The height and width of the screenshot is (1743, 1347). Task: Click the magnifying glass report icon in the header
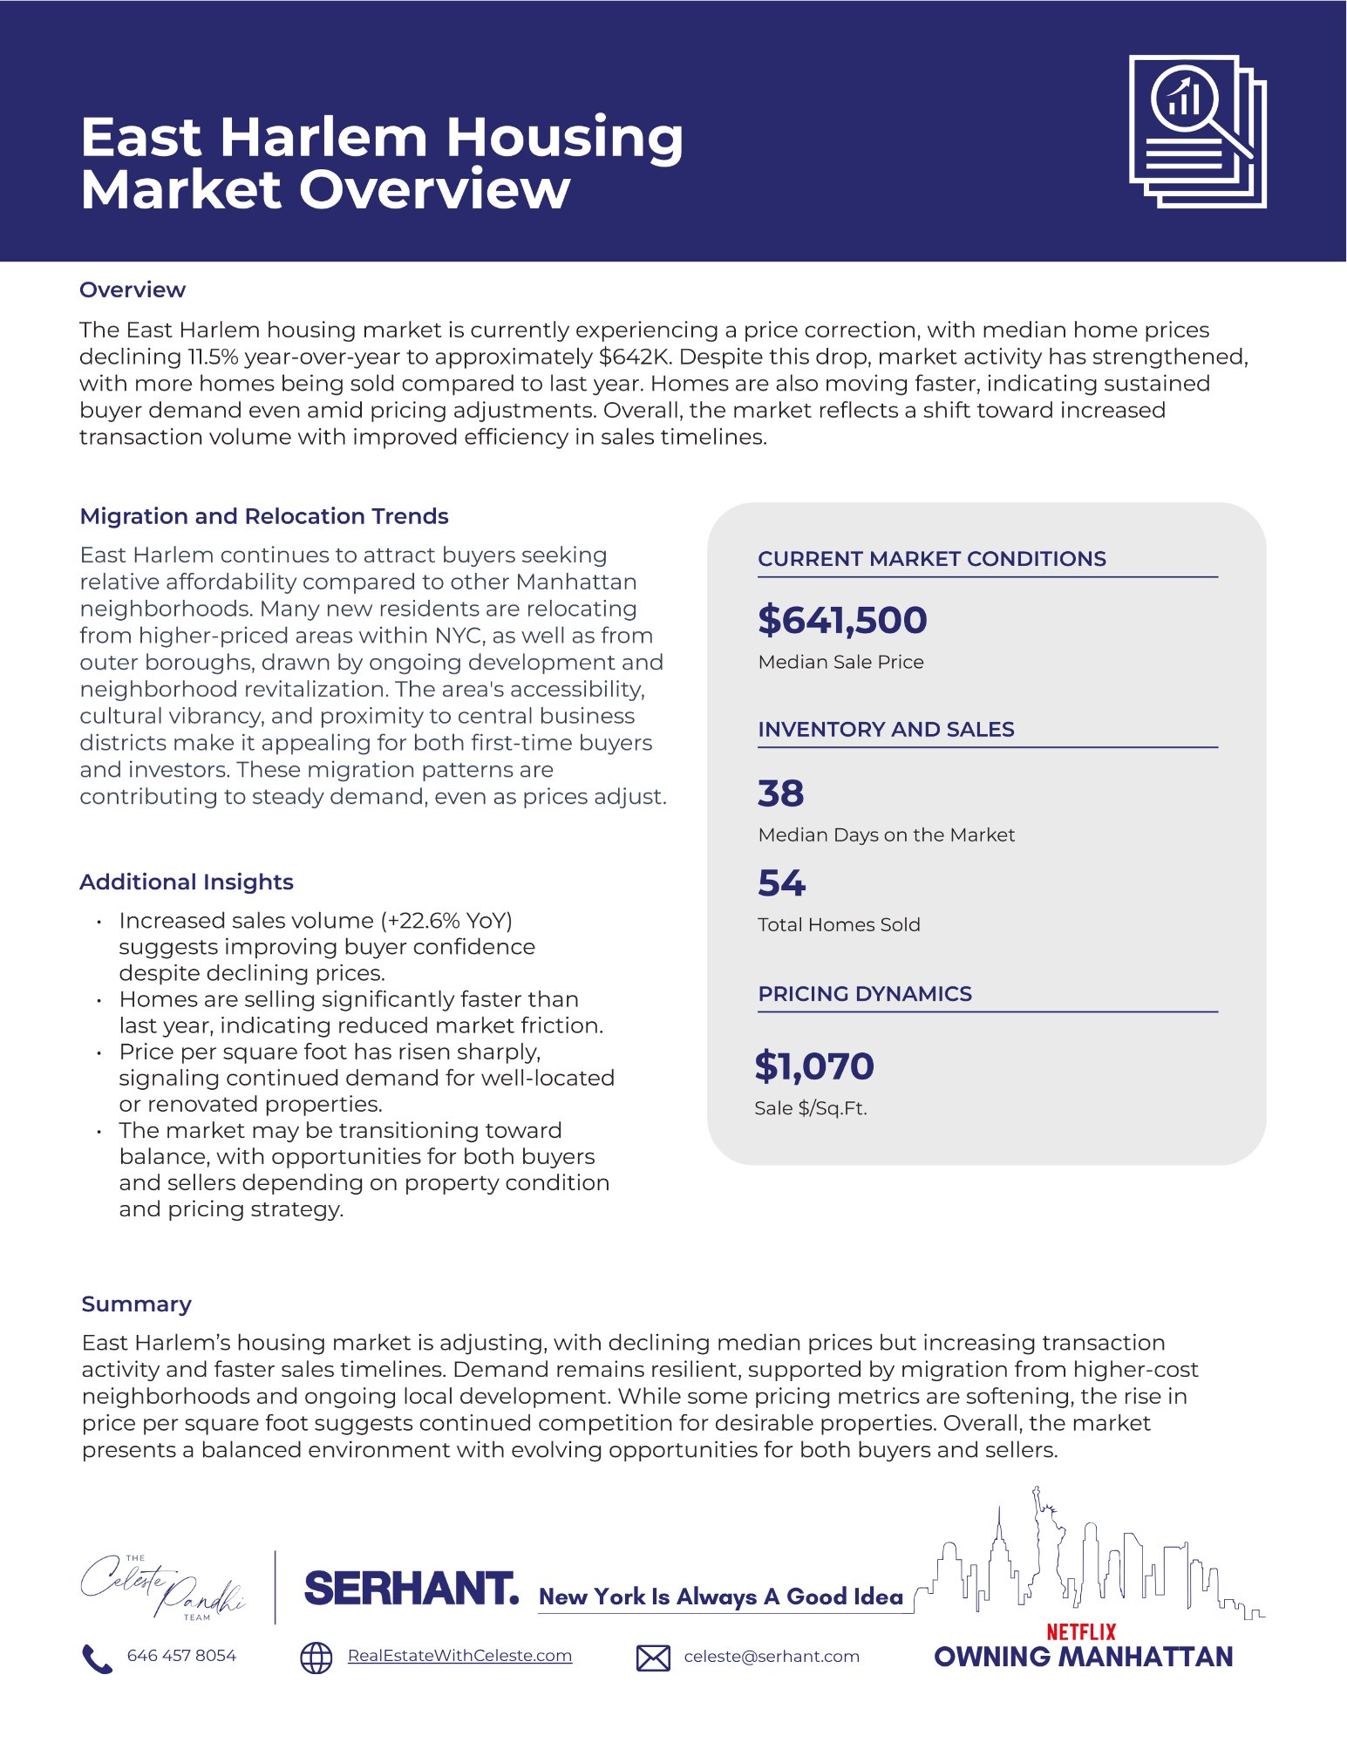click(1197, 131)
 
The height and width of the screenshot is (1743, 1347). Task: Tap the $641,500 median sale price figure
click(842, 620)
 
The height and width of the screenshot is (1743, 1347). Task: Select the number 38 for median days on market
click(780, 793)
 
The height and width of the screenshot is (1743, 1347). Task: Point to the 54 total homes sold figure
click(781, 882)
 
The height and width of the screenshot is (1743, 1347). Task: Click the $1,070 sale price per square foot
click(814, 1066)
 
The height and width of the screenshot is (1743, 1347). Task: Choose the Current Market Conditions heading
click(931, 559)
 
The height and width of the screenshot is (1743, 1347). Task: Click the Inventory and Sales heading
click(886, 729)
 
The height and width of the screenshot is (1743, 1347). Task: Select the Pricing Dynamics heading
click(865, 993)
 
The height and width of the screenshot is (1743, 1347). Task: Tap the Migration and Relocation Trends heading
click(264, 516)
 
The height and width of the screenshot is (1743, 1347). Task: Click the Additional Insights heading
click(187, 882)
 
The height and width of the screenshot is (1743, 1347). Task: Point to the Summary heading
click(137, 1304)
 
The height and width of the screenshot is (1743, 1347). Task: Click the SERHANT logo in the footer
click(412, 1588)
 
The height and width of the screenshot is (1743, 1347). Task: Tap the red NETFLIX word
click(1081, 1631)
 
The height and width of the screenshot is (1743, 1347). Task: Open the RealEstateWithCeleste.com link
click(459, 1656)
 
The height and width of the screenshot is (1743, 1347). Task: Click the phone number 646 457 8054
click(181, 1656)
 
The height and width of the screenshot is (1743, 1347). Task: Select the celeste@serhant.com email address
click(772, 1657)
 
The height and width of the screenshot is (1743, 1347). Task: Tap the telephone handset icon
click(97, 1658)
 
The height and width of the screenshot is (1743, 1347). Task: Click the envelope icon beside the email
click(653, 1658)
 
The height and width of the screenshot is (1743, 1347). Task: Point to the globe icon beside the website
click(316, 1658)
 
